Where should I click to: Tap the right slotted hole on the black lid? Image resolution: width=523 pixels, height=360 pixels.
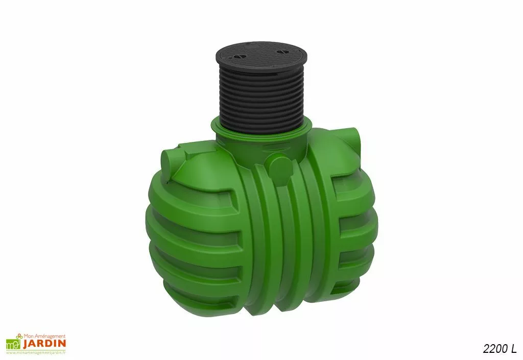281,52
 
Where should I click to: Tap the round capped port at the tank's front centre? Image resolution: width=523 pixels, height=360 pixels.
279,167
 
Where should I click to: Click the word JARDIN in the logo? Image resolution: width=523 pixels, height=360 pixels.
44,343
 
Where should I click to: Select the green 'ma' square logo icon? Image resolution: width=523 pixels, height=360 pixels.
13,344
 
